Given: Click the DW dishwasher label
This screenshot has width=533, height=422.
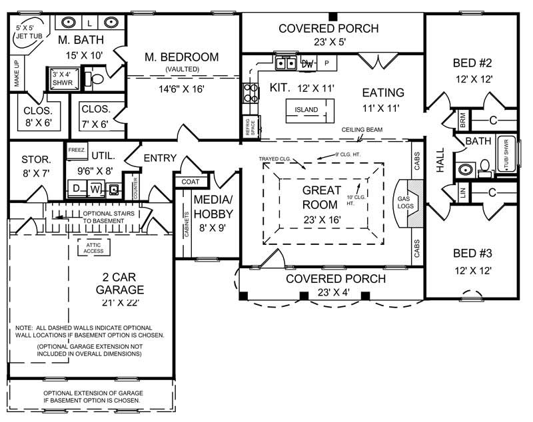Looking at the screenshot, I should point(307,64).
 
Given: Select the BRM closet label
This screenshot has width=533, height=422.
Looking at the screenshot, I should point(462,119).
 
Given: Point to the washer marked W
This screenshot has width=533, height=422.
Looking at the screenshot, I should point(95,189).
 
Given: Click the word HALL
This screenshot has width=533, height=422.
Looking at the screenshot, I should point(440,160).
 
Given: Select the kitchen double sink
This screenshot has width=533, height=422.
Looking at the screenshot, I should point(287,64).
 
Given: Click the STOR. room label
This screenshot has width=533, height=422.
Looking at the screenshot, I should point(36,166).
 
